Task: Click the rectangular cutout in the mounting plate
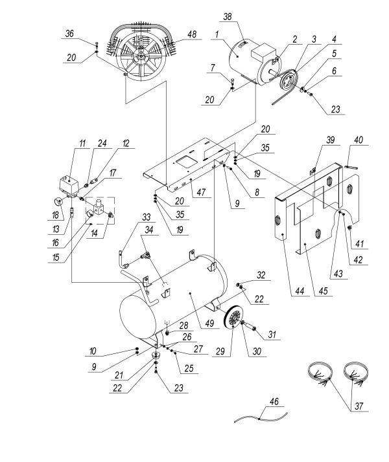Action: (x=187, y=159)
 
